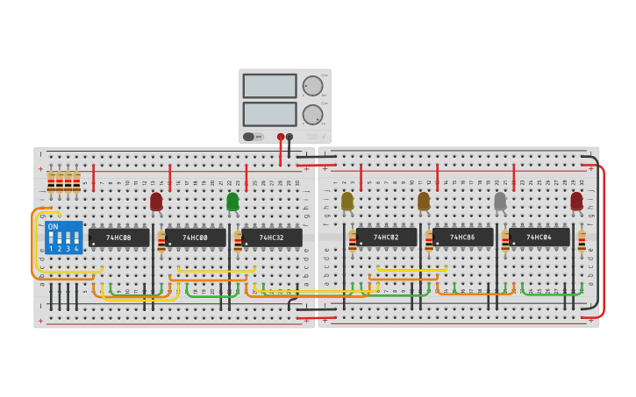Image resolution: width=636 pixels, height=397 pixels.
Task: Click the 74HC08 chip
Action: coord(118,237)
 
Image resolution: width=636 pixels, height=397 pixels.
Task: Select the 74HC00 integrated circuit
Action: coord(195,237)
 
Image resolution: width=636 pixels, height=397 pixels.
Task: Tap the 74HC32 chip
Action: coord(271,237)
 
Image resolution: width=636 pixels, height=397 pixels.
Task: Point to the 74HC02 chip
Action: coord(386,237)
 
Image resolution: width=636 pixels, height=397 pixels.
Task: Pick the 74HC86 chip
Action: coord(462,237)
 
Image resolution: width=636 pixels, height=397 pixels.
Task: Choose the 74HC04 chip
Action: coord(539,237)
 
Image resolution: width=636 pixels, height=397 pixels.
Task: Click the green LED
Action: coord(232,202)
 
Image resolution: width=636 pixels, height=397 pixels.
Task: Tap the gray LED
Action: coord(500,202)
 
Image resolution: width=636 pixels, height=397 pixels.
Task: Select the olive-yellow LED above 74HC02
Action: coord(347,202)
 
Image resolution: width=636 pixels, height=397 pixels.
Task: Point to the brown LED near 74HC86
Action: coord(424,202)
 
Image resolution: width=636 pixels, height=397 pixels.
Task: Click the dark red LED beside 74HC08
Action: coord(156,202)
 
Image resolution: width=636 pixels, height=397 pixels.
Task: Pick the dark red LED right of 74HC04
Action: coord(576,202)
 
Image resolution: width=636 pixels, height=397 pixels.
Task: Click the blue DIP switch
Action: coord(63,237)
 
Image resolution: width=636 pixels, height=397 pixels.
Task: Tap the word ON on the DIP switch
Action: coord(54,227)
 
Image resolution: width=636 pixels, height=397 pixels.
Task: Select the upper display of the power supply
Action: coord(270,86)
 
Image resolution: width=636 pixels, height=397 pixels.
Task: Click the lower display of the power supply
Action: coord(270,114)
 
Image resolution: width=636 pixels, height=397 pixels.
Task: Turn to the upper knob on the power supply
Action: coord(312,86)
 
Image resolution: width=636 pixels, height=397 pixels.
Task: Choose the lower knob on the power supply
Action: coord(312,114)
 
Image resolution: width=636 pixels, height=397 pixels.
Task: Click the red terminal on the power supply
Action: coord(281,137)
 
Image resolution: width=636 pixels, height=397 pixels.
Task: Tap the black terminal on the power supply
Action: coord(289,137)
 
